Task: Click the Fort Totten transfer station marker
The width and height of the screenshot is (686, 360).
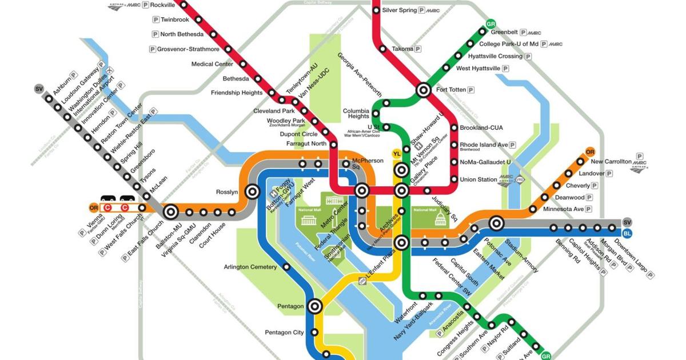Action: tap(424, 90)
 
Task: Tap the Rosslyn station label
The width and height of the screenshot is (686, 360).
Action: tap(227, 192)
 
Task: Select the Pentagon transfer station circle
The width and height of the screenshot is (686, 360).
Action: tap(314, 306)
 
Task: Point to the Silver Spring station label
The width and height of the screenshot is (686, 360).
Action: tap(398, 10)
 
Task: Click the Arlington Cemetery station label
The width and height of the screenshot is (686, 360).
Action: tap(250, 267)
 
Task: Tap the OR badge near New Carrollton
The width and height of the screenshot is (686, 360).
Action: tap(591, 152)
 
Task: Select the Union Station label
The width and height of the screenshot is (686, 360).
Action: tap(478, 179)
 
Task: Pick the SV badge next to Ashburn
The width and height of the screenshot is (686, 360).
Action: tap(39, 89)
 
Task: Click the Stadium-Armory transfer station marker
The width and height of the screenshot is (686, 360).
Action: tap(496, 224)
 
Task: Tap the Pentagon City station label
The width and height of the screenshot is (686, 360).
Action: tap(284, 333)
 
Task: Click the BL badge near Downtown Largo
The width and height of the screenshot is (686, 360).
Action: tap(627, 233)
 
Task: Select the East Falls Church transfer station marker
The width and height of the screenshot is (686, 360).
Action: tap(170, 212)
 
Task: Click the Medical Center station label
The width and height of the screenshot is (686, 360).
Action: tap(212, 64)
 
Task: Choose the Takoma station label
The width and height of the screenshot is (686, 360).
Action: tap(402, 49)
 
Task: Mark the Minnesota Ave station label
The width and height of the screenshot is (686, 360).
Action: tap(563, 209)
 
